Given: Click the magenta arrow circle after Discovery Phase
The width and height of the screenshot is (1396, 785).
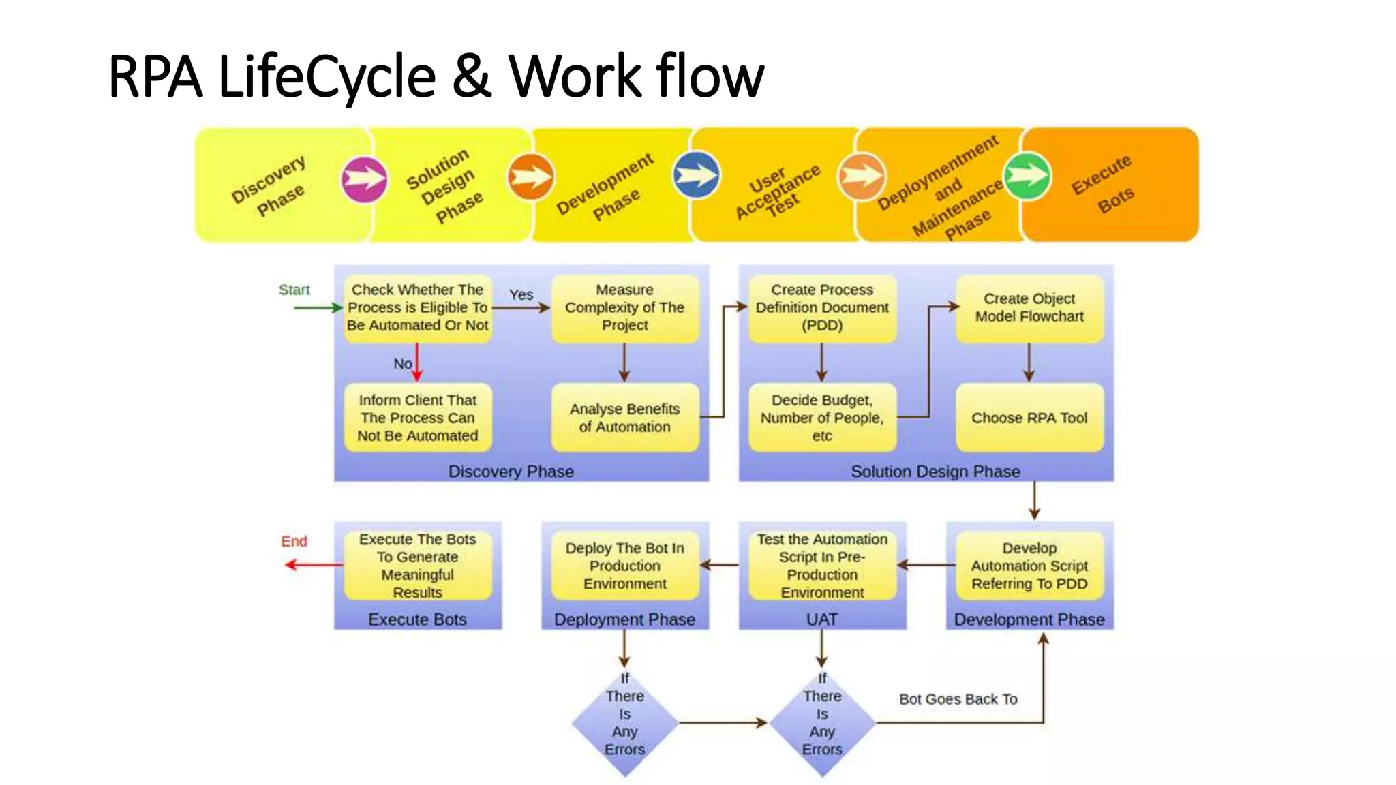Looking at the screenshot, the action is (x=364, y=180).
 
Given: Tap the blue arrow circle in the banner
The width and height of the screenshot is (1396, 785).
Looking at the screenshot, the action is (x=696, y=175).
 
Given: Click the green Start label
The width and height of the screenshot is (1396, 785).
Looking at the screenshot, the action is (x=294, y=290).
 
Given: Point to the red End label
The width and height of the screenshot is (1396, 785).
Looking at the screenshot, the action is (x=294, y=541).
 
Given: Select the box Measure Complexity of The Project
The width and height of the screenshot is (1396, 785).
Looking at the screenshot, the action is (x=625, y=308).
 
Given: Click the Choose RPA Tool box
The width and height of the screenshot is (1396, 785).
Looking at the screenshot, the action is (x=1029, y=418).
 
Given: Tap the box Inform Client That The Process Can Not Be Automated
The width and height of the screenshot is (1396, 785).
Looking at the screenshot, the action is (x=418, y=418).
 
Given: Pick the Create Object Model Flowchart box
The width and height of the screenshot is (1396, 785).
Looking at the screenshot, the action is (x=1029, y=308).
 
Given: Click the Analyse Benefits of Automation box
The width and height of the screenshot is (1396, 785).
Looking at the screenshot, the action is (x=625, y=418).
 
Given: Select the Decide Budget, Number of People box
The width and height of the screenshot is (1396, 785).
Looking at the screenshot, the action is (x=822, y=418).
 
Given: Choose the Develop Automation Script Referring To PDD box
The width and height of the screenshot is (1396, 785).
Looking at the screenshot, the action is (x=1029, y=566).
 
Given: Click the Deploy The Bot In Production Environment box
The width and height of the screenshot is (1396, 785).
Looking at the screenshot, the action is (x=625, y=566).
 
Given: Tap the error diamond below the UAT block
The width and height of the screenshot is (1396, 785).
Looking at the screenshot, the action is (x=822, y=723).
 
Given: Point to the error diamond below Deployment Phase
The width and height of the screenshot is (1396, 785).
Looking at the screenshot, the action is (x=625, y=723).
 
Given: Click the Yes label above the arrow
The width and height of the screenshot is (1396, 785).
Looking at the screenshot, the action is (x=521, y=294).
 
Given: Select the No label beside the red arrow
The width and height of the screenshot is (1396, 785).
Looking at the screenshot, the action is (x=402, y=364).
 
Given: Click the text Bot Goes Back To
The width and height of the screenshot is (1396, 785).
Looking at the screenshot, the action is (x=958, y=699).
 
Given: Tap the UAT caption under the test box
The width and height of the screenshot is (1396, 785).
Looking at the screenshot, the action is (x=822, y=619).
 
